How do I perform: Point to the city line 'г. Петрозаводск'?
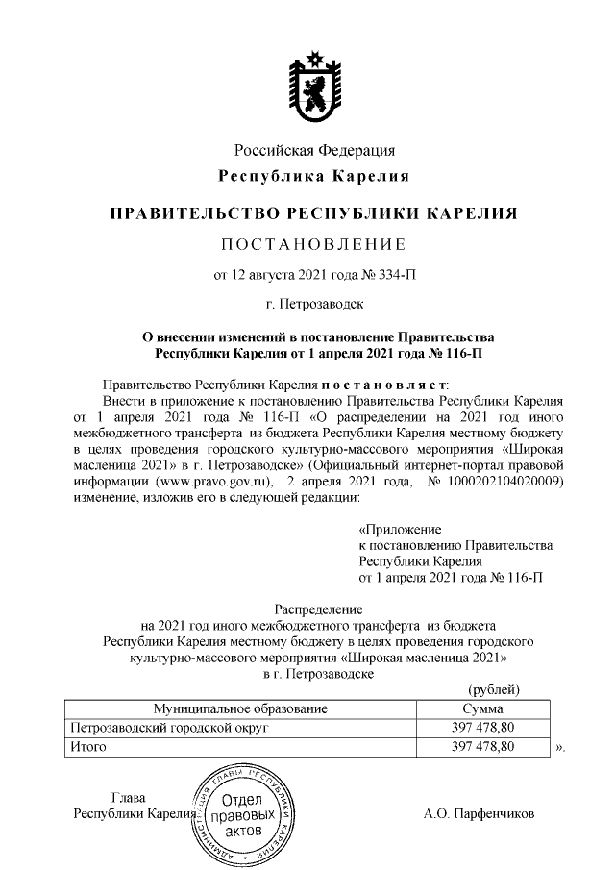point(315,306)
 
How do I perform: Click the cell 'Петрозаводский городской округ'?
point(163,728)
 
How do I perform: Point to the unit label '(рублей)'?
point(493,689)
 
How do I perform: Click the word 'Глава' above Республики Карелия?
point(129,797)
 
